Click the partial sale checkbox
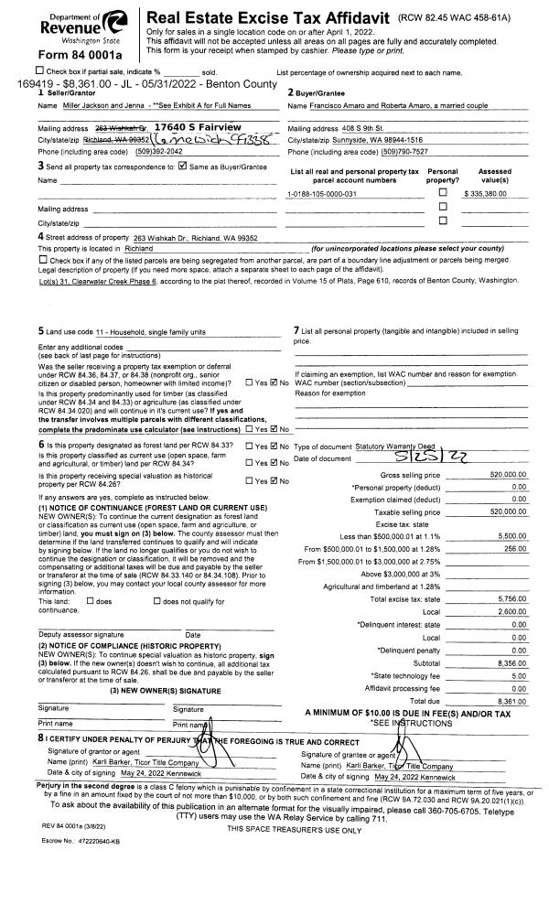[x=38, y=71]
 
